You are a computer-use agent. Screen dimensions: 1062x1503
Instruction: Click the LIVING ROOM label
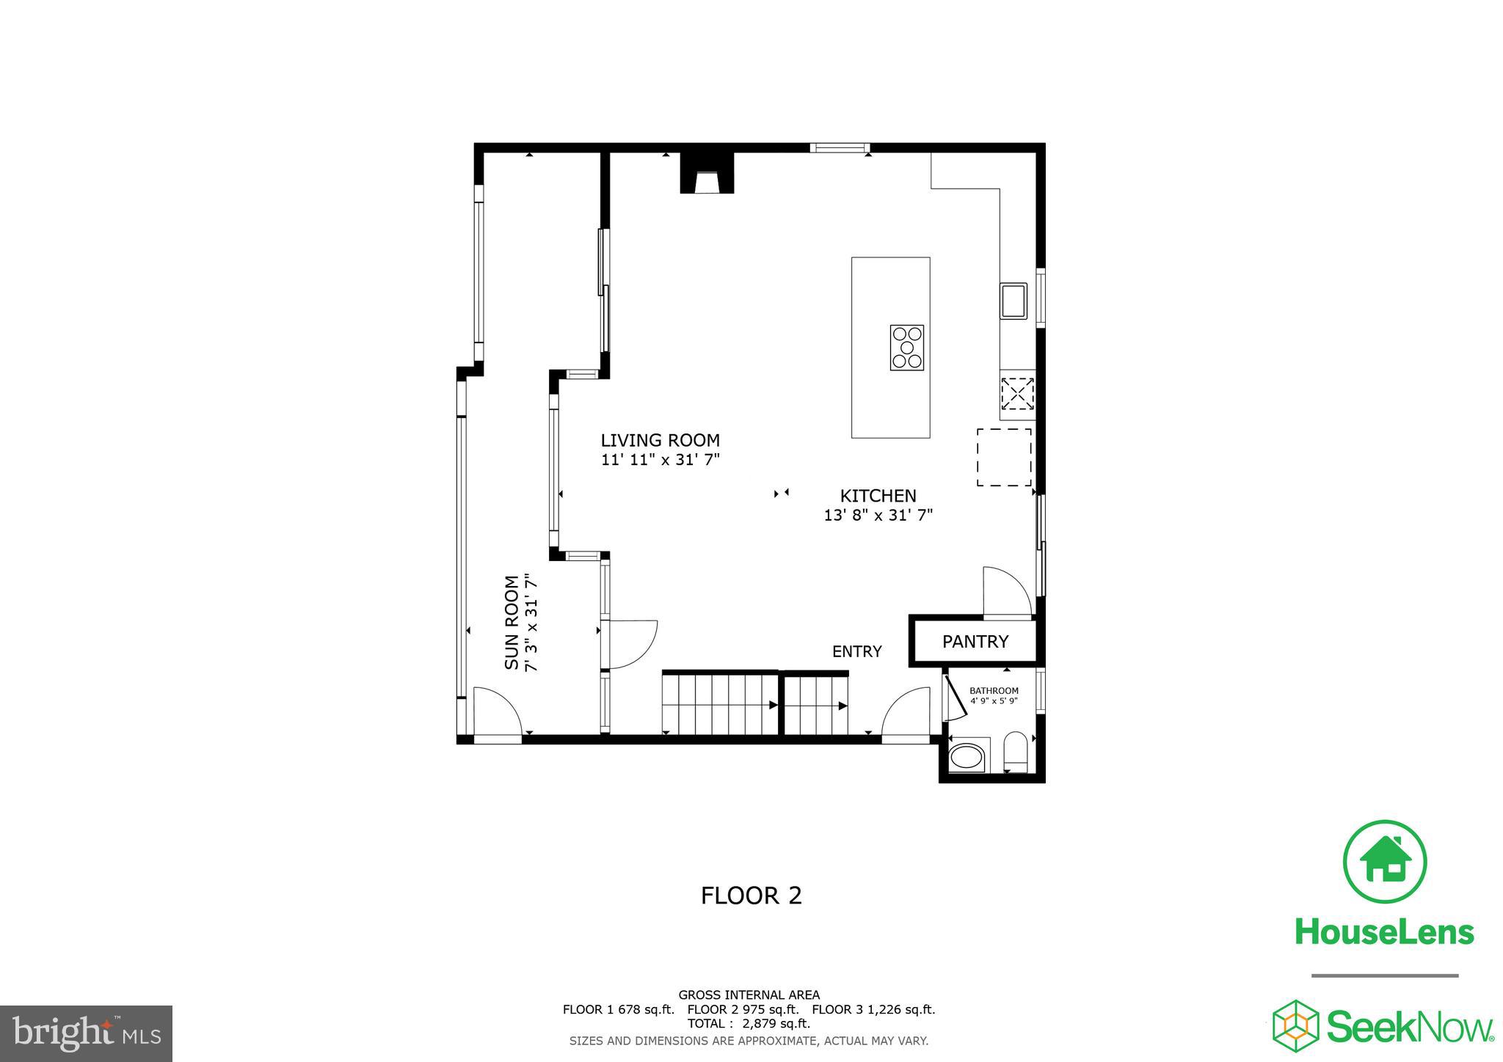(x=660, y=440)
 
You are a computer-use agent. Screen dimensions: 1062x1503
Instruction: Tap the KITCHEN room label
(x=878, y=496)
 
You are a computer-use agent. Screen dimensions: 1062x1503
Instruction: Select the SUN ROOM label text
(x=512, y=622)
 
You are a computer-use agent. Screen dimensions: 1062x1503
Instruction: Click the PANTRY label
(x=975, y=642)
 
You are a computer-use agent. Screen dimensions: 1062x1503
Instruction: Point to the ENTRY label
(x=856, y=651)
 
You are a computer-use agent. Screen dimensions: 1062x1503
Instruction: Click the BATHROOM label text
(x=994, y=691)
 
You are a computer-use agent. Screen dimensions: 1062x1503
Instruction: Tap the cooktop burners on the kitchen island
(x=906, y=348)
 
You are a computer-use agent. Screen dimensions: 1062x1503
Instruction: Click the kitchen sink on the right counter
(x=1013, y=301)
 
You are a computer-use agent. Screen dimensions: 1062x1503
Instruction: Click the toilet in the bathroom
(x=1016, y=752)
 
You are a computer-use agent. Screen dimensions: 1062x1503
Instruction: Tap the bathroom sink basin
(x=967, y=757)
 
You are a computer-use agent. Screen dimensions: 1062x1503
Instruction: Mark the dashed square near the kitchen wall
(x=1003, y=458)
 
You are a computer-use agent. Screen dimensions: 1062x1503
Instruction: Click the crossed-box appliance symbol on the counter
(x=1017, y=394)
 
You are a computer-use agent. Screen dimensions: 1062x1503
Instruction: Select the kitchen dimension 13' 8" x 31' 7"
(x=878, y=516)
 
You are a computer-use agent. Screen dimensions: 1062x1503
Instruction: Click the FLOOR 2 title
(x=751, y=896)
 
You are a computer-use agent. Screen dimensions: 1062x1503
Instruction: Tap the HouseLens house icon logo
(x=1384, y=862)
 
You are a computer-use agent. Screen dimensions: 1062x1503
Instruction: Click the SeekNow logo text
(x=1409, y=1027)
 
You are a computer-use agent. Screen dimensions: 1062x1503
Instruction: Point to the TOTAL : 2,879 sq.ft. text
(x=749, y=1024)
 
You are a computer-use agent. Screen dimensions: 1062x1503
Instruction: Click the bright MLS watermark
(x=86, y=1033)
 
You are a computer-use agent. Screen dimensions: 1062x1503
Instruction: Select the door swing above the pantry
(x=1007, y=591)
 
